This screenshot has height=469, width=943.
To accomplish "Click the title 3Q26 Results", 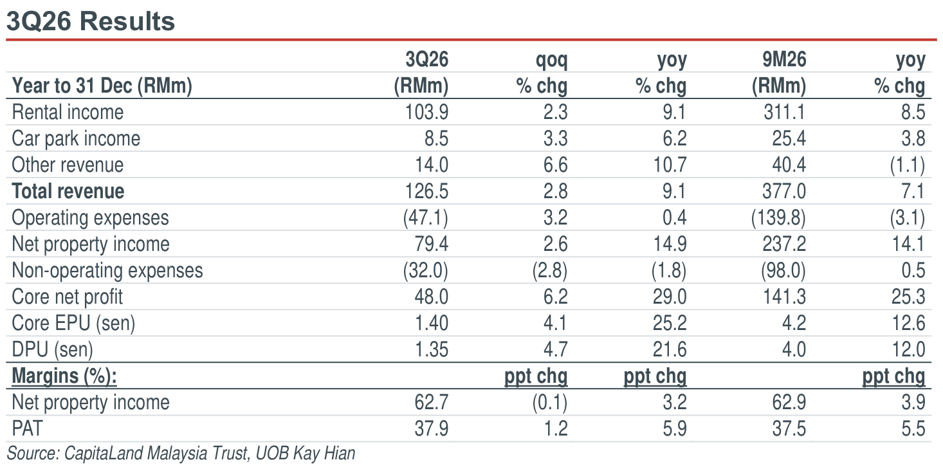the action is pos(91,21).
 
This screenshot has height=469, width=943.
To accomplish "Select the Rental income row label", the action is pos(68,112).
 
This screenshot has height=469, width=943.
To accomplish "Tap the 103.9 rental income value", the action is pos(426,112).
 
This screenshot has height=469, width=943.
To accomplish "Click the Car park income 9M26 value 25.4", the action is pos(789,138).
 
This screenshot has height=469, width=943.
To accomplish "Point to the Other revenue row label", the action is pos(68,165).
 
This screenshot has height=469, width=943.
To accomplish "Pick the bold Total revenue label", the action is pos(68,191).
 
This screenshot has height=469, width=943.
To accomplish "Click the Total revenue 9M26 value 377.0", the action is pos(784,191).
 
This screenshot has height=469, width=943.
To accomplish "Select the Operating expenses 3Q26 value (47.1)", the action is pos(426,217).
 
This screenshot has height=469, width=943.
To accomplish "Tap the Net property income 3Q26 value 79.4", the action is pos(432,244).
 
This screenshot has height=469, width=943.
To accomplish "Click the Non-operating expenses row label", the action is pos(107,270).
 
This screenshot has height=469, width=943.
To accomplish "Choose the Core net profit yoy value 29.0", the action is pos(670,297).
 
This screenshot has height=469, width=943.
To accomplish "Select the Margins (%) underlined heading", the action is pos(64,376).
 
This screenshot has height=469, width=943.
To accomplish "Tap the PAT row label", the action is pos(28,428).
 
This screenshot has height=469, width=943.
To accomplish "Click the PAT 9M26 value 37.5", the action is pos(789,428).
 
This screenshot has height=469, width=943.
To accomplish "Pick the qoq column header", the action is pos(551,60).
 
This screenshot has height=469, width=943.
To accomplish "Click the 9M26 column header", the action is pos(784,59).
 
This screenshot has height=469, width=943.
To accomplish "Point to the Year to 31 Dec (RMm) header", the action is pos(102,86).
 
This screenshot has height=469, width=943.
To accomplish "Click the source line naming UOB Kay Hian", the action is pos(181,454).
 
